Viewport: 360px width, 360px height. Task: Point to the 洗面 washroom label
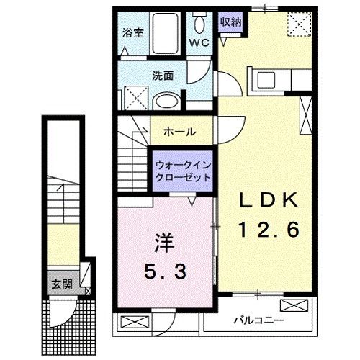pyautogui.click(x=162, y=74)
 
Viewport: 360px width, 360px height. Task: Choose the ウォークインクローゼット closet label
pyautogui.click(x=183, y=171)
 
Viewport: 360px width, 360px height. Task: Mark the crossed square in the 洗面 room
pyautogui.click(x=132, y=96)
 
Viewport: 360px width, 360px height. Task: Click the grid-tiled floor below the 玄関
pyautogui.click(x=68, y=324)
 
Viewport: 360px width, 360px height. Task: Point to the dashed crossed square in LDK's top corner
pyautogui.click(x=297, y=24)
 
